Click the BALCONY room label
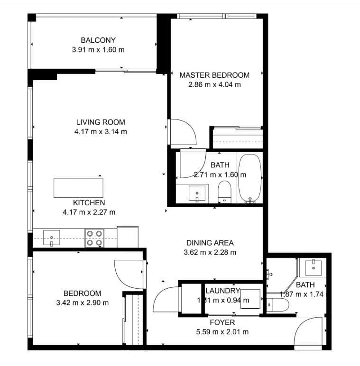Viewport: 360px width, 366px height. (98, 40)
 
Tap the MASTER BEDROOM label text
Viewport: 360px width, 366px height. (214, 75)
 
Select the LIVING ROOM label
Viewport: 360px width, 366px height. (101, 122)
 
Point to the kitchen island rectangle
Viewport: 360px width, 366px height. (78, 187)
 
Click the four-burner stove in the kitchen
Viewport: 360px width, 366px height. (94, 238)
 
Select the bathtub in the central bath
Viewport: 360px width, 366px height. (249, 178)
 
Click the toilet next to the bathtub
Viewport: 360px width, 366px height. (223, 192)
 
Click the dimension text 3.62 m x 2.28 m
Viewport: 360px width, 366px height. (210, 253)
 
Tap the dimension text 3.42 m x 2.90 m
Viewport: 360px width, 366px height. (83, 302)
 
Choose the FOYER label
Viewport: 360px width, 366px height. (223, 323)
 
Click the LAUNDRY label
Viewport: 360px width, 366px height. (222, 291)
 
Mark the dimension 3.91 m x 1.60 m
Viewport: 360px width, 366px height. (98, 49)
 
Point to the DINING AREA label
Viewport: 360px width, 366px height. (210, 243)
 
